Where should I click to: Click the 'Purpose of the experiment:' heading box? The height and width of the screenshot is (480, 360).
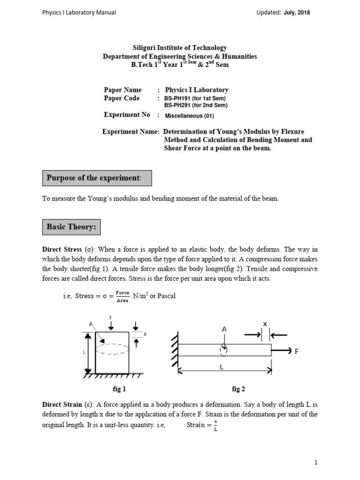97,178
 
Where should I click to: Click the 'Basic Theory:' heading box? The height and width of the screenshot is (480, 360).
71,227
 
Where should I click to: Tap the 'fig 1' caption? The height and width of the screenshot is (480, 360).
119,389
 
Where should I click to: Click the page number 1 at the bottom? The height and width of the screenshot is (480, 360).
316,462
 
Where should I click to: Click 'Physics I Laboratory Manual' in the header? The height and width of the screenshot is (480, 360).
79,13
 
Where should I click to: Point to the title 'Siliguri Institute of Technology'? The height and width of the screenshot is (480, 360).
180,48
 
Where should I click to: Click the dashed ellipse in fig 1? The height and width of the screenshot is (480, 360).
112,349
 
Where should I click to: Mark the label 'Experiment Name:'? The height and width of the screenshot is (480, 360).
131,132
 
